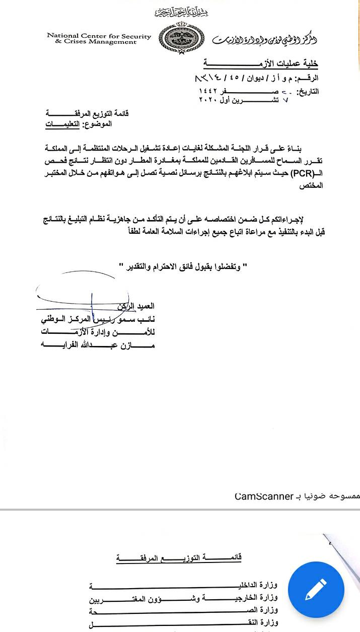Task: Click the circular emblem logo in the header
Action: coord(175,39)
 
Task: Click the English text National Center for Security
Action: coord(99,36)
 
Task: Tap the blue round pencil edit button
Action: coord(316,590)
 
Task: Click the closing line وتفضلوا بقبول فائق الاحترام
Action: coord(186,266)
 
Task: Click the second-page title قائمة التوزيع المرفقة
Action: coord(179,558)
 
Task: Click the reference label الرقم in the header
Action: coord(309,79)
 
